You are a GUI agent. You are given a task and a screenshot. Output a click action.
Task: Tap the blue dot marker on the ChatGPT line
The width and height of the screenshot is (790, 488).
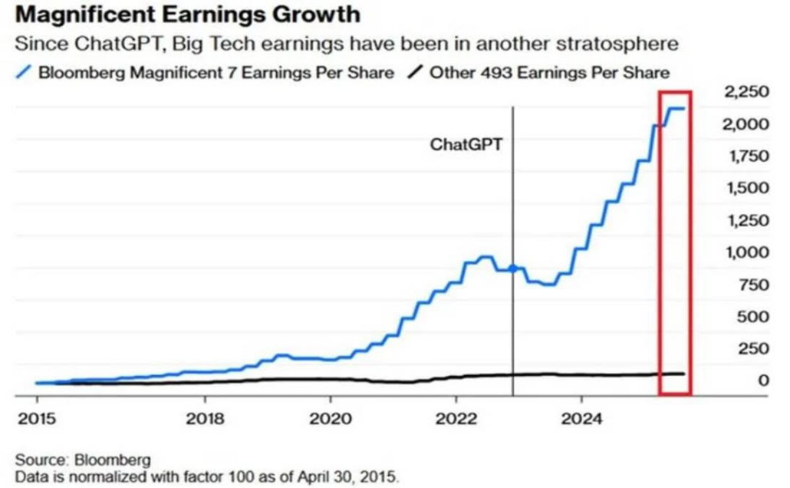(512, 269)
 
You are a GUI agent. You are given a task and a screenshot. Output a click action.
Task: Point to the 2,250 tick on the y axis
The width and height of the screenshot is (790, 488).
(743, 92)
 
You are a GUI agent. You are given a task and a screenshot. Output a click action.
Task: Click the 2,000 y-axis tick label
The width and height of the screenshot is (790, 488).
(743, 124)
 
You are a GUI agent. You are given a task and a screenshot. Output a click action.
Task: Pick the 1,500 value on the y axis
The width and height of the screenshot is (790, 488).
(743, 189)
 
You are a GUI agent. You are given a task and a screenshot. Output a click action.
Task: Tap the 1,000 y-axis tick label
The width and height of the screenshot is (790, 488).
(743, 252)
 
